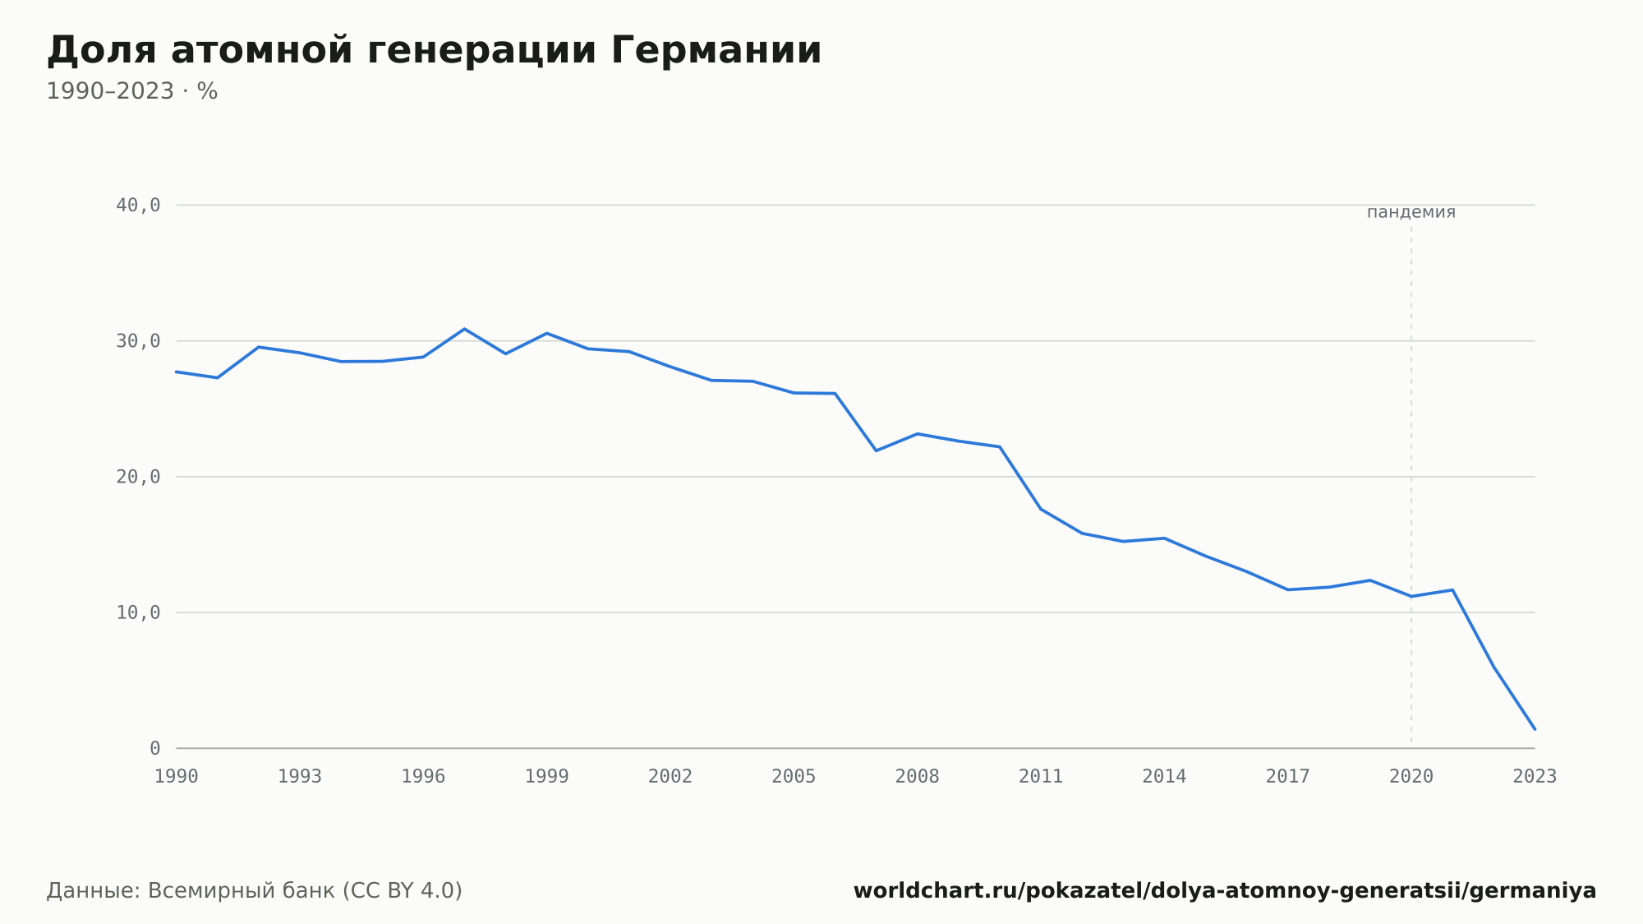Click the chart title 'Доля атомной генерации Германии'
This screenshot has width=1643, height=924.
[434, 50]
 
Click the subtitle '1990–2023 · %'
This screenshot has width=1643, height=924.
[131, 91]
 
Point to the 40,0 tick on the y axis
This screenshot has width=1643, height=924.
[138, 206]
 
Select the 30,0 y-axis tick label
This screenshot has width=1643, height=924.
[138, 341]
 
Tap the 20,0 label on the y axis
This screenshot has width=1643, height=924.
[138, 477]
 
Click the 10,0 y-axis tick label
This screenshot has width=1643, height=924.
[138, 612]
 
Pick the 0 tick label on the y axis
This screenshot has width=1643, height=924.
[154, 749]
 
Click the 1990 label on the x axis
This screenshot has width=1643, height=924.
[177, 777]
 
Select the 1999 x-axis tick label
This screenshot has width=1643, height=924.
[547, 777]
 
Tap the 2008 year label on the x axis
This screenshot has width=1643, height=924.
[918, 777]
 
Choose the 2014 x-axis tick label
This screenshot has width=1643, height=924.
[1164, 777]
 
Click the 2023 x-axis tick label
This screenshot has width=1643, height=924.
[1535, 777]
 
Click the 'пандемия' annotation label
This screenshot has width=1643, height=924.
[1411, 212]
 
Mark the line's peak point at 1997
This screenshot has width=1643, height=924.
[464, 329]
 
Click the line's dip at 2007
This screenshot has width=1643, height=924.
[876, 450]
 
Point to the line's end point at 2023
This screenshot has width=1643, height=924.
[1535, 729]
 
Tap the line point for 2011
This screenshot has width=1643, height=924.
[1041, 509]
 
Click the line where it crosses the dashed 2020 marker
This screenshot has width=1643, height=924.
[1411, 596]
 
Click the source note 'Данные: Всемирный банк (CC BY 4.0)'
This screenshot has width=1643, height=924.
[255, 891]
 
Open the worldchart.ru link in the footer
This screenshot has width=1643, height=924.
[1225, 891]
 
